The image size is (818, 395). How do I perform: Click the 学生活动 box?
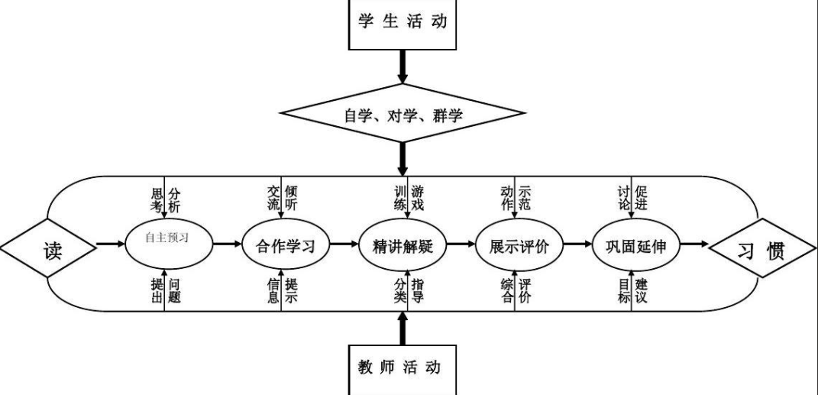[x=403, y=21]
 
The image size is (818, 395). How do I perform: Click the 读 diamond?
[x=48, y=246]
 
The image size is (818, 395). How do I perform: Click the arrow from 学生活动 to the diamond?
[x=403, y=73]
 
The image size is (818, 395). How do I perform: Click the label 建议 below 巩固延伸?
[x=642, y=290]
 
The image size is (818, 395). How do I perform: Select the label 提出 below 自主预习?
[x=157, y=290]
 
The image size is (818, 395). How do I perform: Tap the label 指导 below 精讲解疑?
[x=418, y=290]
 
